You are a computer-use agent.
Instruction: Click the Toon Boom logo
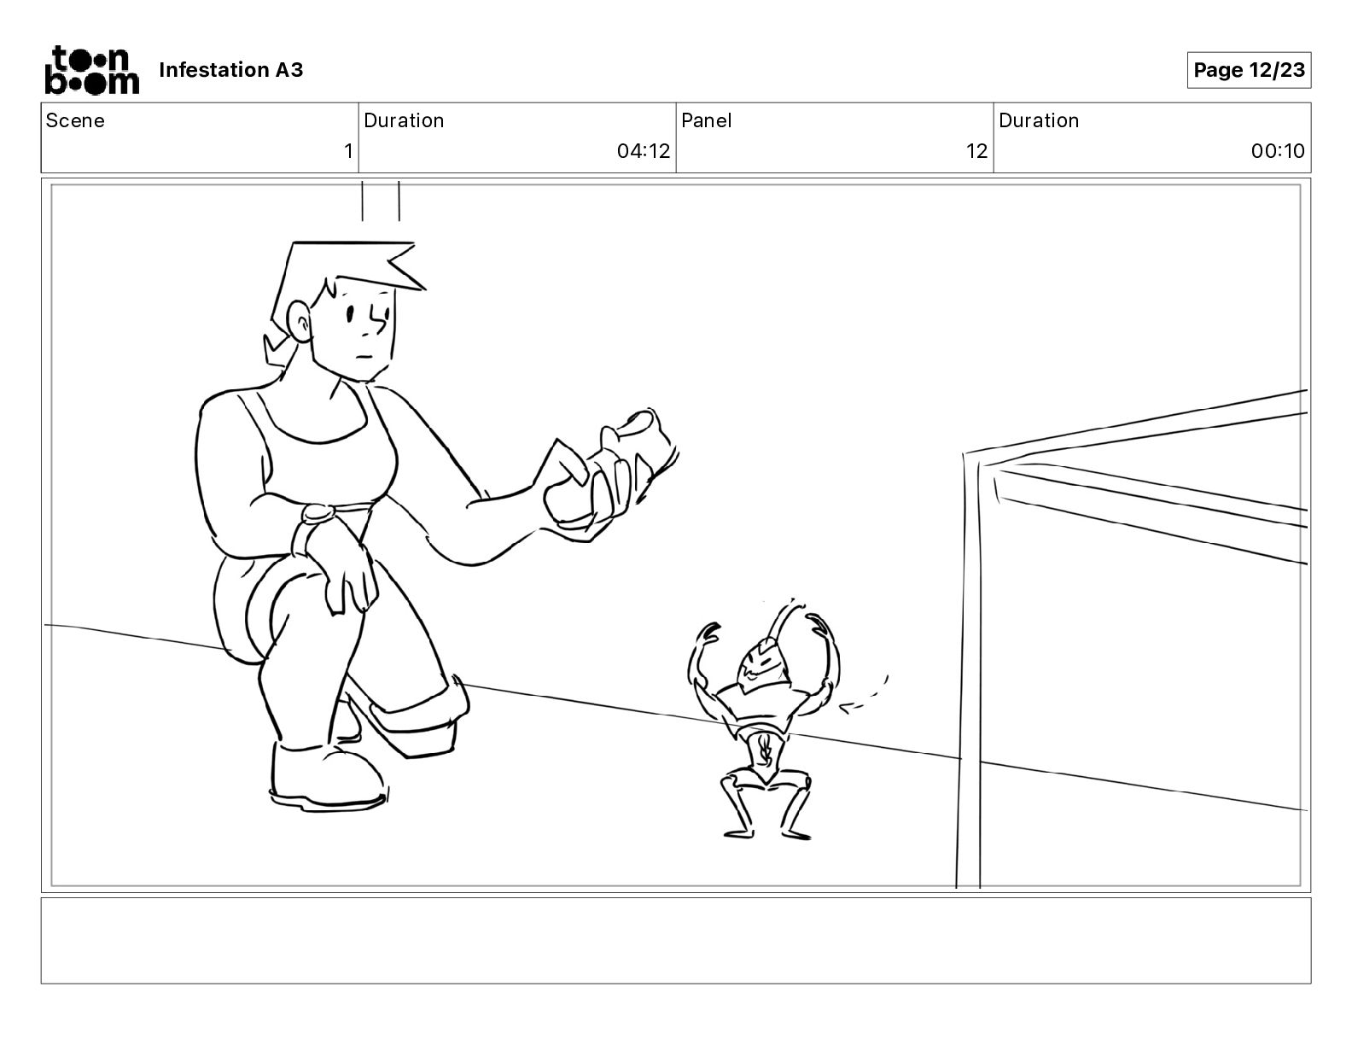coord(91,70)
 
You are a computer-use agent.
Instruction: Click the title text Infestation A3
coord(230,70)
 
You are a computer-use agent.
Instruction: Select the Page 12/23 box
coord(1249,70)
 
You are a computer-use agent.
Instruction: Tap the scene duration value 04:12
coord(644,152)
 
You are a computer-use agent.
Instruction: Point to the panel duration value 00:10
coord(1278,152)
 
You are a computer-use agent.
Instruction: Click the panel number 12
coord(976,152)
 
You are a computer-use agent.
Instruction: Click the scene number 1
coord(347,152)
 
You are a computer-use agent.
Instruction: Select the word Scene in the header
coord(75,120)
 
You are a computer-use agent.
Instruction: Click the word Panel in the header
coord(707,120)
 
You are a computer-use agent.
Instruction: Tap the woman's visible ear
coord(299,321)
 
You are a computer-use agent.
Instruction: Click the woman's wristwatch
coord(317,514)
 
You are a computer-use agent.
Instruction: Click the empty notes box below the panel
coord(675,940)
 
